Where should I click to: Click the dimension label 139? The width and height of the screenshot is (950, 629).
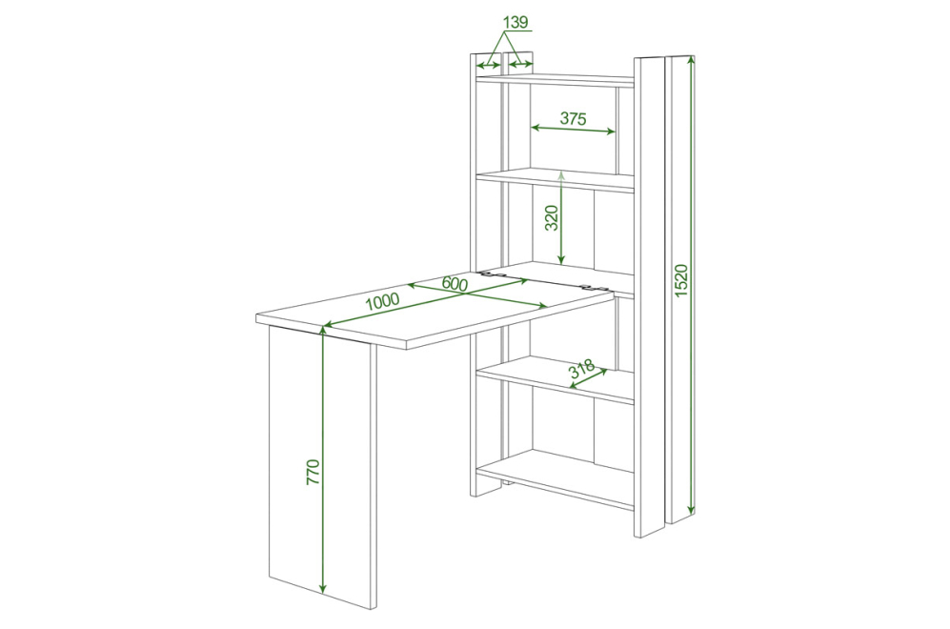[515, 23]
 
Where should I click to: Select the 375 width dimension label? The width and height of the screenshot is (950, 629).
[574, 118]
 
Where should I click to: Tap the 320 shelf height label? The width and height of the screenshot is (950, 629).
[552, 218]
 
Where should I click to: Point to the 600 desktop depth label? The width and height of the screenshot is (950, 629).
[455, 283]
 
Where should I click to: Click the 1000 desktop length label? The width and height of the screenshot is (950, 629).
[382, 300]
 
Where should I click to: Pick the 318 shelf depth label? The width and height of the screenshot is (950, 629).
[582, 369]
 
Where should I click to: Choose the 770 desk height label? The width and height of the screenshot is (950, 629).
[313, 472]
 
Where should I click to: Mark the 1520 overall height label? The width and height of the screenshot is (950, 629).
[681, 280]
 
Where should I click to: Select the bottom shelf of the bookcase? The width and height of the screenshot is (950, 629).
[555, 477]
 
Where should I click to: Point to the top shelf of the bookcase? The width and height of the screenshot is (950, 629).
[555, 79]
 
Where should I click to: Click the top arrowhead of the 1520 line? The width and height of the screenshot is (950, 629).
[690, 59]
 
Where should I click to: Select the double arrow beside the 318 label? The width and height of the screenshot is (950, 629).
[589, 378]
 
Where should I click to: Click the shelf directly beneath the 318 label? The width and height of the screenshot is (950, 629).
[555, 379]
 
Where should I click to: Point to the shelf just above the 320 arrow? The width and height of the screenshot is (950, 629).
[555, 179]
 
